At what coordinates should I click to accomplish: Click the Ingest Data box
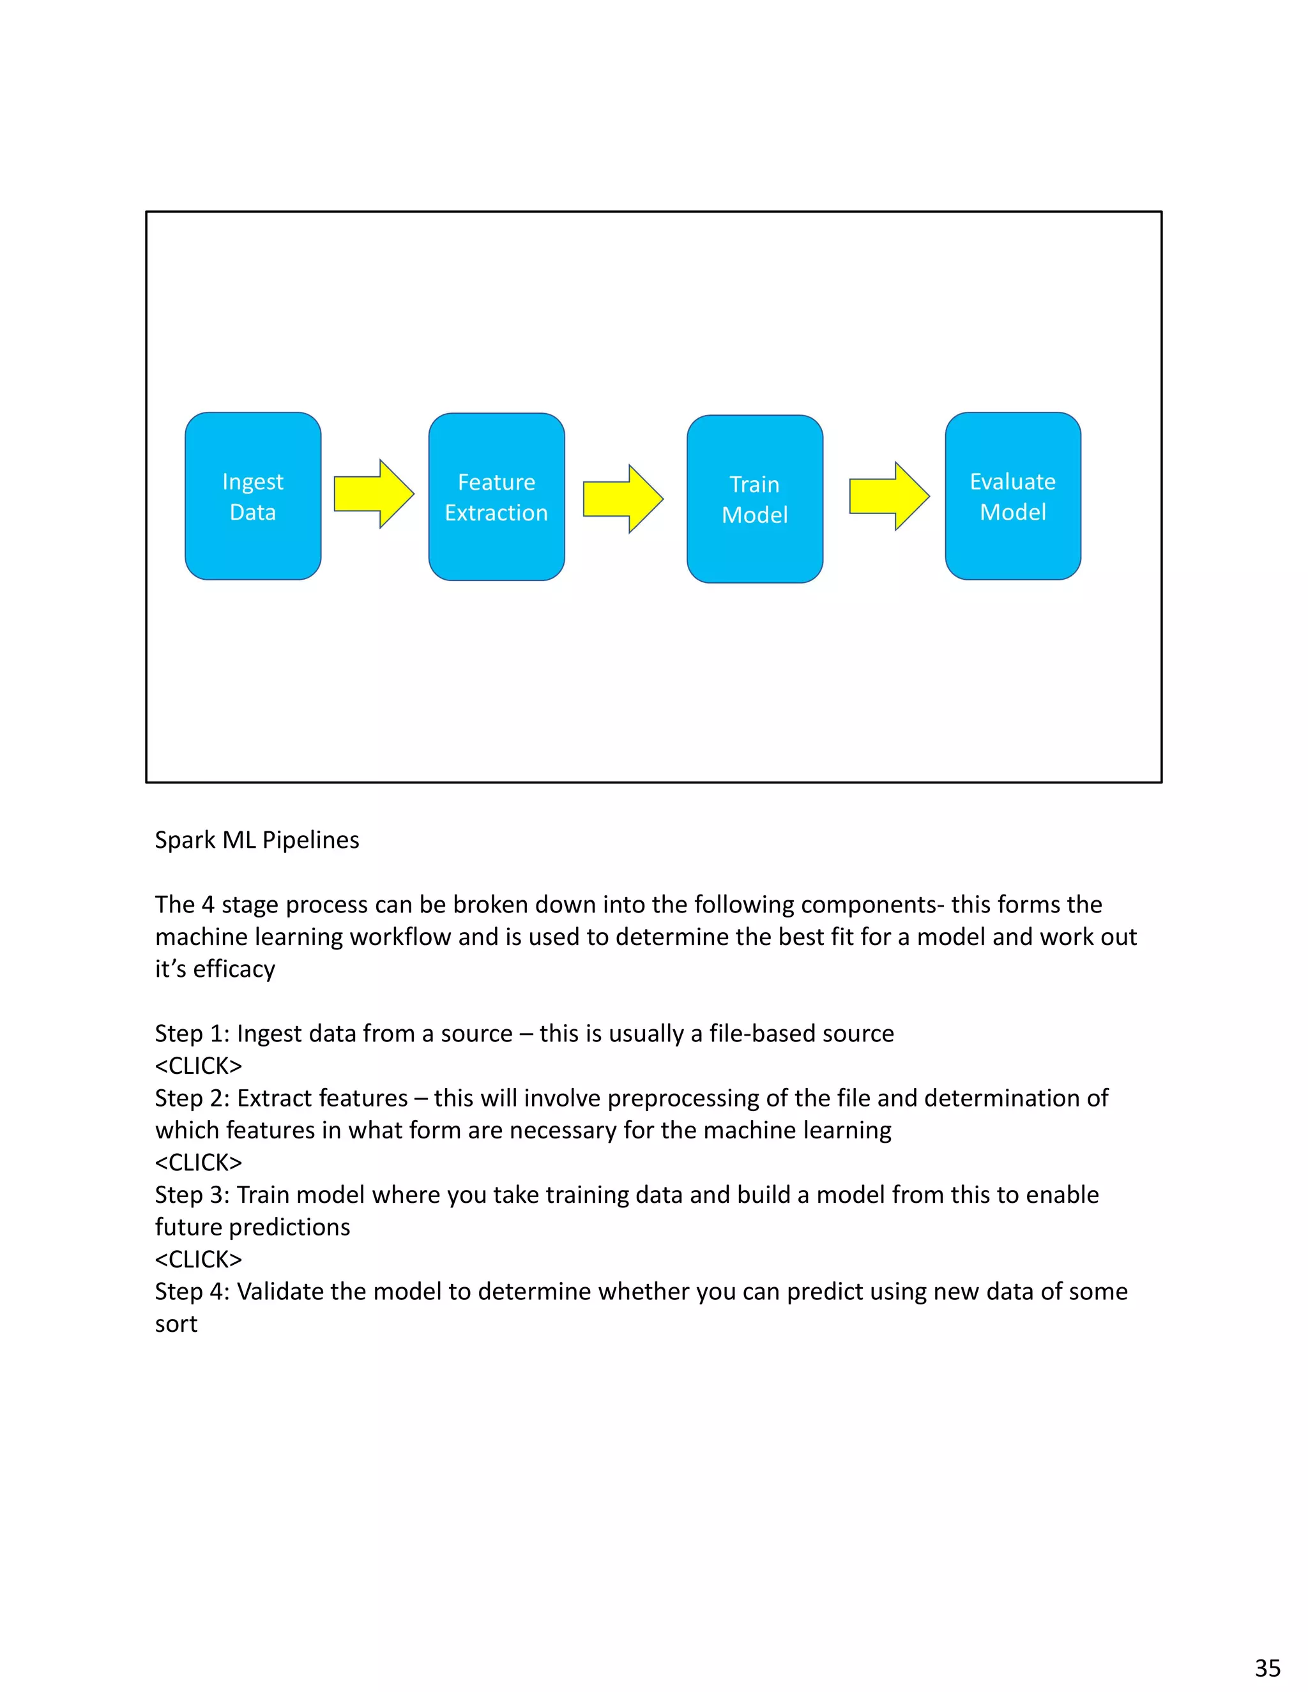[253, 496]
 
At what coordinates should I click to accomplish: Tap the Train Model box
[754, 499]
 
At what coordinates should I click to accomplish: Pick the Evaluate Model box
[1012, 496]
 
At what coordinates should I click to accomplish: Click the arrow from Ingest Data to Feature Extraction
[374, 494]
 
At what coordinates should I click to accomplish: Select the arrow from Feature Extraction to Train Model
[623, 499]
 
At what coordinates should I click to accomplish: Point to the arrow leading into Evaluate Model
[889, 496]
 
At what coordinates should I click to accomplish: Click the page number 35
[1268, 1667]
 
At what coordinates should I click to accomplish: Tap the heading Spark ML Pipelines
[257, 840]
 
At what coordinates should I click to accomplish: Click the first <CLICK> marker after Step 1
[199, 1066]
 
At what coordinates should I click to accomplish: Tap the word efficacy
[234, 969]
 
